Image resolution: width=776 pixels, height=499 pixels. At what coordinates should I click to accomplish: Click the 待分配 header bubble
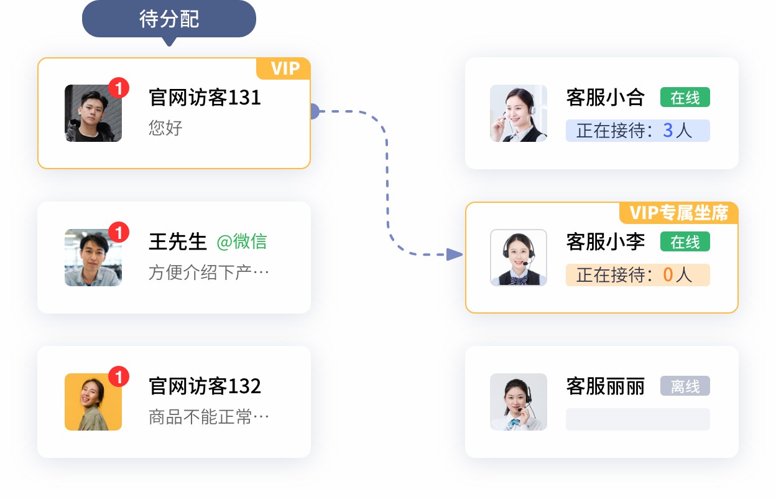(169, 19)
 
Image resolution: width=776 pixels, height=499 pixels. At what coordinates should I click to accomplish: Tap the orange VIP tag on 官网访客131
(285, 68)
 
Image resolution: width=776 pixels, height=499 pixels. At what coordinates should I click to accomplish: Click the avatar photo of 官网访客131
(93, 113)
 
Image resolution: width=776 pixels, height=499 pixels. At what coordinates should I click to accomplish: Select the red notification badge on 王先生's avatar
(119, 233)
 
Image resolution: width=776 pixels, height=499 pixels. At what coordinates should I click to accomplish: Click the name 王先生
(177, 242)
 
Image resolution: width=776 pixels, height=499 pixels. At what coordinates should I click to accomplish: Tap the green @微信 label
(242, 242)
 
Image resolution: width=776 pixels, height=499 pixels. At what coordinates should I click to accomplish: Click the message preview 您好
(165, 128)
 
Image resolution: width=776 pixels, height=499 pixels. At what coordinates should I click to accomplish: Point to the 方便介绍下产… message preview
(209, 273)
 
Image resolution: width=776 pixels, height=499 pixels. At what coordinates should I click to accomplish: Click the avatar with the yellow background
(93, 402)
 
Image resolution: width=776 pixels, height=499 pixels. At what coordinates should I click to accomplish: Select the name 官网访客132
(205, 386)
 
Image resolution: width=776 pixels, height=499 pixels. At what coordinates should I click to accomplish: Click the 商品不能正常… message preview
(209, 417)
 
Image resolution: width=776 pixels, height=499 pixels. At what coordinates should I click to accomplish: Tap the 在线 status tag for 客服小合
(685, 98)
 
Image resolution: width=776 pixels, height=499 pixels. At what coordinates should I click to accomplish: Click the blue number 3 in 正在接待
(668, 130)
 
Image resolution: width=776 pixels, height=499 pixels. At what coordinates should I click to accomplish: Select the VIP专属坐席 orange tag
(678, 213)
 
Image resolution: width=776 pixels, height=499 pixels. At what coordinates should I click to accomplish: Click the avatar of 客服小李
(519, 258)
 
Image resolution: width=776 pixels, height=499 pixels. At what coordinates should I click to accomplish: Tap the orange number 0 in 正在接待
(668, 275)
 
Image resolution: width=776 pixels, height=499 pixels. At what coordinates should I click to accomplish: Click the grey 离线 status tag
(685, 386)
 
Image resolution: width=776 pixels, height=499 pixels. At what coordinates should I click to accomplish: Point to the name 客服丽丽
(605, 386)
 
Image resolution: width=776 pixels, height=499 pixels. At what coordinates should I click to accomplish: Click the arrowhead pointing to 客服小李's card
(455, 254)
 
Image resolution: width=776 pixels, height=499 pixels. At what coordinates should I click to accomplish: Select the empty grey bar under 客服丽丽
(637, 419)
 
